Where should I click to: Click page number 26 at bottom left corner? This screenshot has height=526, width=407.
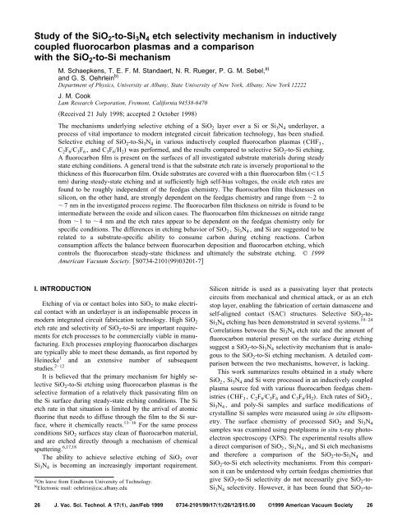point(21,507)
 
